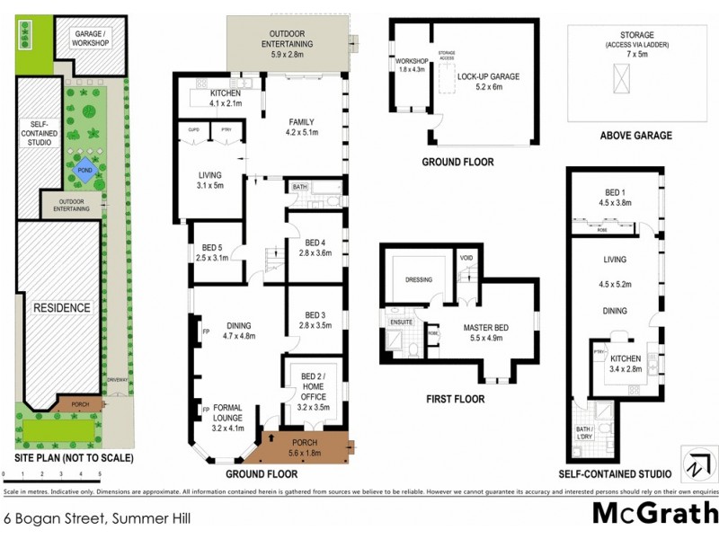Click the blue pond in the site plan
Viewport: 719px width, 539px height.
[84, 169]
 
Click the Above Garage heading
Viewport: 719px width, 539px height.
[635, 136]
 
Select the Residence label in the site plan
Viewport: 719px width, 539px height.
[62, 307]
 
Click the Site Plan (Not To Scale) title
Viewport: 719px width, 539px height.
[74, 457]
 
